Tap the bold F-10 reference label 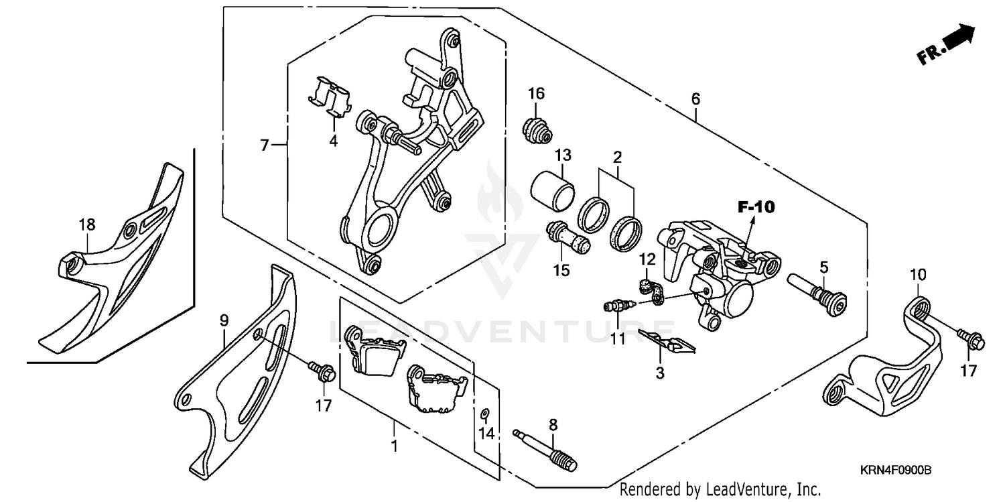pos(756,207)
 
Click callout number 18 pos(87,225)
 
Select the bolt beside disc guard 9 pos(321,373)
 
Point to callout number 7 pos(265,145)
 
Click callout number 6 pos(695,99)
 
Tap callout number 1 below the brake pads pos(395,446)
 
